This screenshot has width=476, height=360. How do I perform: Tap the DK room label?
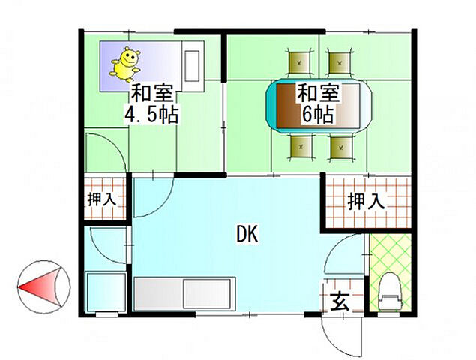point(247,235)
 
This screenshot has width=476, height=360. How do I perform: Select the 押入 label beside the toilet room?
point(366,201)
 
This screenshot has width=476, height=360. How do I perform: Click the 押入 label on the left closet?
point(101,199)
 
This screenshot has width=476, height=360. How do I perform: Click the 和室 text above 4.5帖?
point(152,94)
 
